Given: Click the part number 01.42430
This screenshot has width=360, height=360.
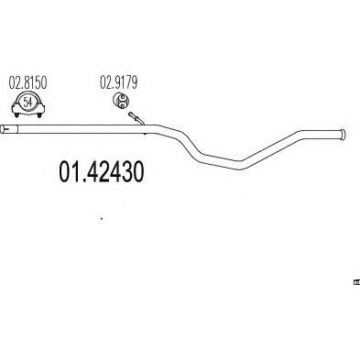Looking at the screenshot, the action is coord(101,172).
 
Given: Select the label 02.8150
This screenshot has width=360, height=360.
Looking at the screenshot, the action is coord(27,83).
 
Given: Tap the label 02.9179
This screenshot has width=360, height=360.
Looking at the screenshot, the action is coord(119,82).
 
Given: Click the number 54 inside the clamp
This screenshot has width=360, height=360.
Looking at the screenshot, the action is coord(27,102).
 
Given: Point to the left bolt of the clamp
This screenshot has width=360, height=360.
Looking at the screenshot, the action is coord(16,115).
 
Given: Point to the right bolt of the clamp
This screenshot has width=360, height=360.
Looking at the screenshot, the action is coord(39,115).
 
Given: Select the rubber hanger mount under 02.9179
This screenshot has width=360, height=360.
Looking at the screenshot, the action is coord(121,100).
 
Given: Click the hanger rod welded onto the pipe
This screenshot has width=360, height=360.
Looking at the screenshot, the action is coord(136,119).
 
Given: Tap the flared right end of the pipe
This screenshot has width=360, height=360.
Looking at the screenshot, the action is coord(343,135).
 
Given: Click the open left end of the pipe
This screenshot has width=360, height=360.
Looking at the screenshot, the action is coord(2,129).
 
